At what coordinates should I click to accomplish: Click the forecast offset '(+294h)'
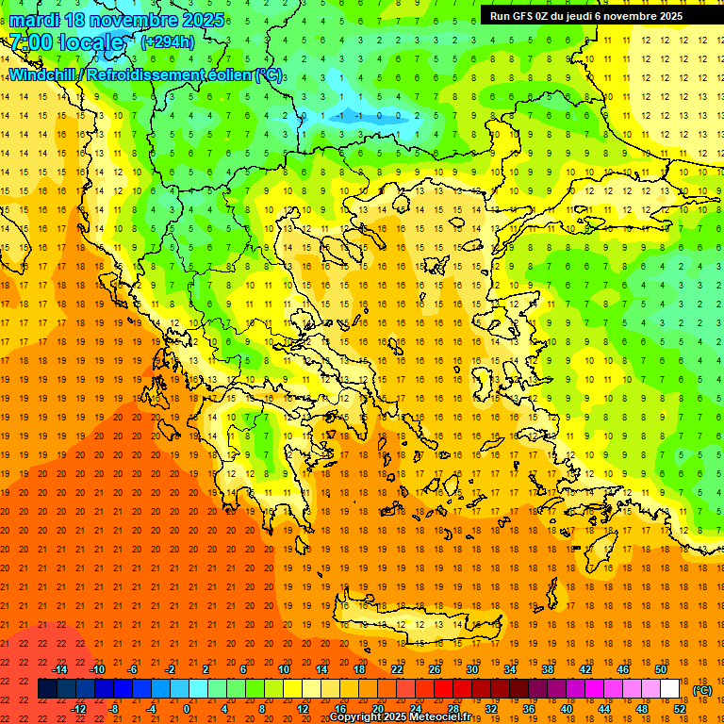(168, 42)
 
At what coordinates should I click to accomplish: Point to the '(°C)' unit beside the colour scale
(701, 690)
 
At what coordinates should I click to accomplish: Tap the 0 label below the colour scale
(187, 709)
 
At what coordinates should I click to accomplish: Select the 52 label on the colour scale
(681, 709)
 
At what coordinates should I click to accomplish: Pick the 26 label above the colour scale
(434, 669)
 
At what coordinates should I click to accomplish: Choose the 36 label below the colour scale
(528, 709)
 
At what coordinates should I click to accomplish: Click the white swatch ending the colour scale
(670, 689)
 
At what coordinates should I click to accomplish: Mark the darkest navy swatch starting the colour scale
(48, 689)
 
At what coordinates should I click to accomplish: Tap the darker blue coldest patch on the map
(358, 114)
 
